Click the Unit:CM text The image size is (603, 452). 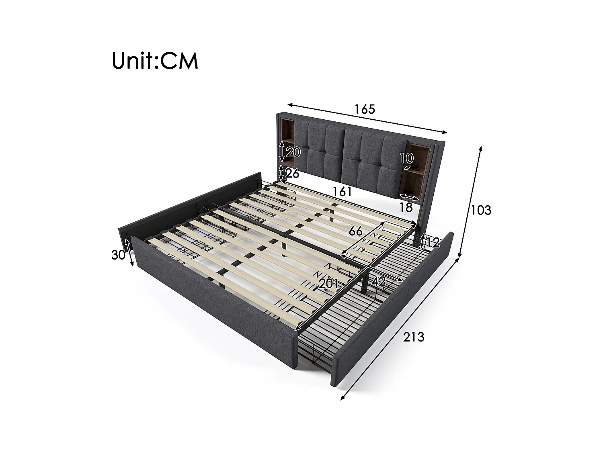coord(155,61)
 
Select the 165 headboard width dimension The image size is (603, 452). coord(365,109)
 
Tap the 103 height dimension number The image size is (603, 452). coord(481,210)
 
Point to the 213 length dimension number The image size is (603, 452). coord(414,337)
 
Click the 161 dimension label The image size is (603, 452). coord(342,192)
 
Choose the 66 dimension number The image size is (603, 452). coord(355,231)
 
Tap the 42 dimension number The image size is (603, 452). coord(378,281)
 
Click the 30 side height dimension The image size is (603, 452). coord(118,255)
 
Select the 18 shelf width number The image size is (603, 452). coord(406,207)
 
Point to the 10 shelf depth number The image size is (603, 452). coord(406,158)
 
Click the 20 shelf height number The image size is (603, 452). coord(293,152)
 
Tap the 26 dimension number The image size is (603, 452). coord(293,174)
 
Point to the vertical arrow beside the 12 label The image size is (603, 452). coord(422,241)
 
